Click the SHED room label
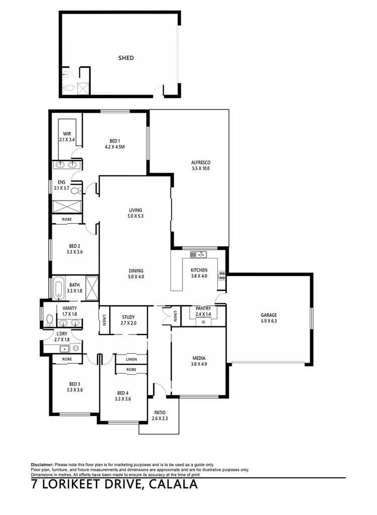126,58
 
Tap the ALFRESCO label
200,162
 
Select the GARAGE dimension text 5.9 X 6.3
268,321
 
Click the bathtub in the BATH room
58,288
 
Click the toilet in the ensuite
76,191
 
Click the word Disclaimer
42,464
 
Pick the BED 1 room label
115,141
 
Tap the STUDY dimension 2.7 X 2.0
129,323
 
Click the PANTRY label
203,308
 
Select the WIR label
67,133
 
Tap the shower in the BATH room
91,288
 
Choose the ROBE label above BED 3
67,360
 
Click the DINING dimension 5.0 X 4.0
136,277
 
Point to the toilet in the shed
68,89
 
